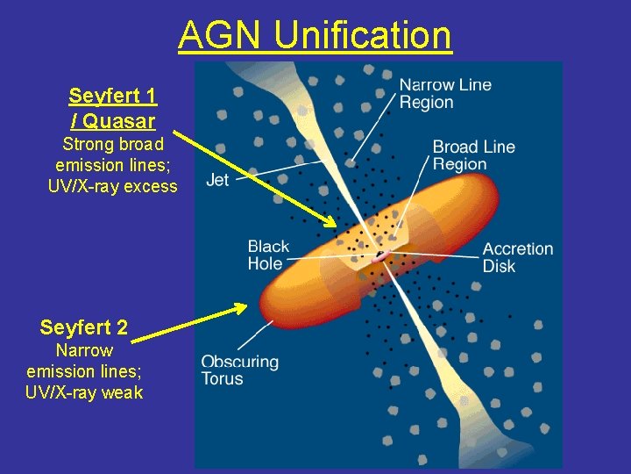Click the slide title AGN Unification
[x=315, y=36]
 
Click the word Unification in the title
[x=363, y=36]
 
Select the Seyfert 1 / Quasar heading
[x=112, y=107]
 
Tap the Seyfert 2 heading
[x=84, y=328]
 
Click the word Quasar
[x=117, y=120]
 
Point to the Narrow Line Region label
[x=445, y=93]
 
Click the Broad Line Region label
[x=474, y=155]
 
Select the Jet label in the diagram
[x=217, y=181]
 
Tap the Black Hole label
[x=268, y=255]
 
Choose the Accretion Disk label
[x=518, y=256]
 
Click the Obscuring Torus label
[x=239, y=370]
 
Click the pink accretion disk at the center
[x=381, y=257]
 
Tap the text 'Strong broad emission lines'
[x=112, y=154]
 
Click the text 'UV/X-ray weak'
[x=84, y=392]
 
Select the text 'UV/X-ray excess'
[x=112, y=186]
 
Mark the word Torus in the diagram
[x=222, y=379]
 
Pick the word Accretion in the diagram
[x=518, y=248]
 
